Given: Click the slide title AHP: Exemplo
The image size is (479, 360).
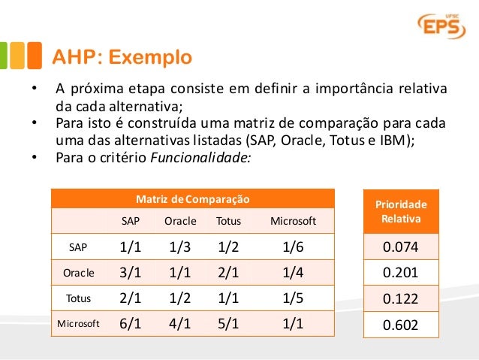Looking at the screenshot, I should pos(121,57).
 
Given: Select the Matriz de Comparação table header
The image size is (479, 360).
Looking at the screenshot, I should pos(193,199).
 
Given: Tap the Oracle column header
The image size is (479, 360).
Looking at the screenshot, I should pos(180,221).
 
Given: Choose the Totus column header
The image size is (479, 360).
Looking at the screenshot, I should pos(229,221).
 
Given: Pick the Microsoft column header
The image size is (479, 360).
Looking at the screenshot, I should pos(293,221).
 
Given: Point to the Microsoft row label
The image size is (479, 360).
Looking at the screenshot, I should pos(78,324).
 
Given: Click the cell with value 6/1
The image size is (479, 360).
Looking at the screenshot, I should pos(131,324).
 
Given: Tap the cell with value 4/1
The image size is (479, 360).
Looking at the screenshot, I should pos(180,324).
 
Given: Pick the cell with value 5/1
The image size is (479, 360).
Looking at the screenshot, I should pos(229,324).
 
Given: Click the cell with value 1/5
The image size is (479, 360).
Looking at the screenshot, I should pos(293,298).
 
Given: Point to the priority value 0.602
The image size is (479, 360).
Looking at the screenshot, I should pos(400,325).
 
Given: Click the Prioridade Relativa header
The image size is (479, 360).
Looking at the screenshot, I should pos(400,212).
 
